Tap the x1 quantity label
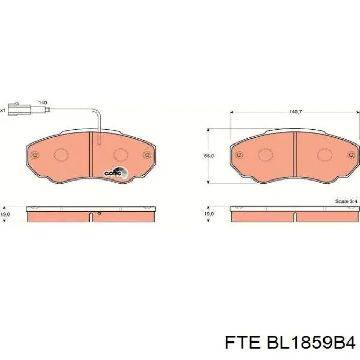click(x=3, y=110)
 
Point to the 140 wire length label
click(x=43, y=103)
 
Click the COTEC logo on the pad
click(x=114, y=173)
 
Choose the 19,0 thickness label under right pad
click(x=209, y=213)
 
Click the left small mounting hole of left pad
click(x=34, y=155)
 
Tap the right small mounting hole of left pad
click(x=147, y=154)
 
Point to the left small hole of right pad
click(x=239, y=154)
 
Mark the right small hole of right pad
click(x=351, y=154)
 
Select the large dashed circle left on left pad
click(x=61, y=154)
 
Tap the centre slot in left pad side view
click(x=91, y=217)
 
